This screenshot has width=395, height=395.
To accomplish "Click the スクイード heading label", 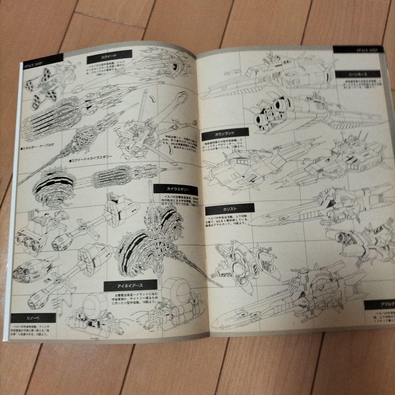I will coord(109,55).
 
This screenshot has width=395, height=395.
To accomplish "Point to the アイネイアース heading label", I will coord(130,285).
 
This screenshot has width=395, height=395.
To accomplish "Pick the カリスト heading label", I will coord(229,209).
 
